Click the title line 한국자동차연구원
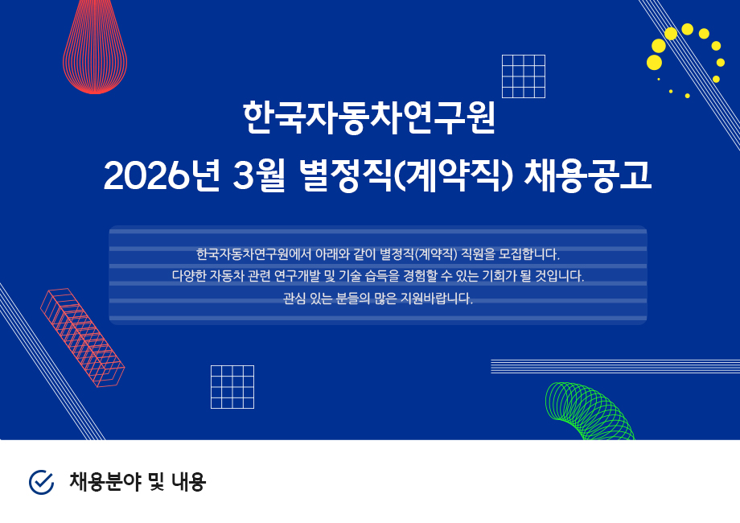pyautogui.click(x=369, y=118)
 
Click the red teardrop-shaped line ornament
pyautogui.click(x=95, y=52)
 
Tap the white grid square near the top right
pyautogui.click(x=523, y=76)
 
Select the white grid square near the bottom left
pyautogui.click(x=232, y=387)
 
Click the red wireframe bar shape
pyautogui.click(x=82, y=338)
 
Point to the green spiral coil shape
pyautogui.click(x=589, y=409)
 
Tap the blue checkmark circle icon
pyautogui.click(x=41, y=482)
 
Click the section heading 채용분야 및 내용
pyautogui.click(x=138, y=482)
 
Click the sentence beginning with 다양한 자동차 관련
pyautogui.click(x=377, y=276)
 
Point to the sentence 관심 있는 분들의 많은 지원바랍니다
pyautogui.click(x=377, y=299)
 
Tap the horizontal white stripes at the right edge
pyautogui.click(x=615, y=366)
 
